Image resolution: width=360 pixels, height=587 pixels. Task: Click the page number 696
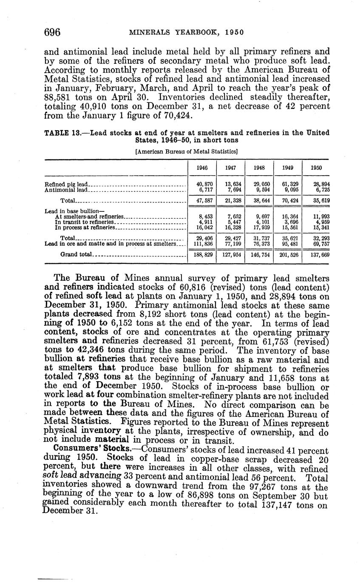pos(53,32)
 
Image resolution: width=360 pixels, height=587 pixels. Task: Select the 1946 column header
pos(202,168)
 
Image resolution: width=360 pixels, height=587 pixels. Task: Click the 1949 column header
pos(288,168)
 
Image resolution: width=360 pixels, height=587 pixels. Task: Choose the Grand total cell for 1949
pos(288,255)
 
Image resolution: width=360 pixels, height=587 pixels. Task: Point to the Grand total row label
pos(74,255)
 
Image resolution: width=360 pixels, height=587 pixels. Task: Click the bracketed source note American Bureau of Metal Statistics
pos(186,151)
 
